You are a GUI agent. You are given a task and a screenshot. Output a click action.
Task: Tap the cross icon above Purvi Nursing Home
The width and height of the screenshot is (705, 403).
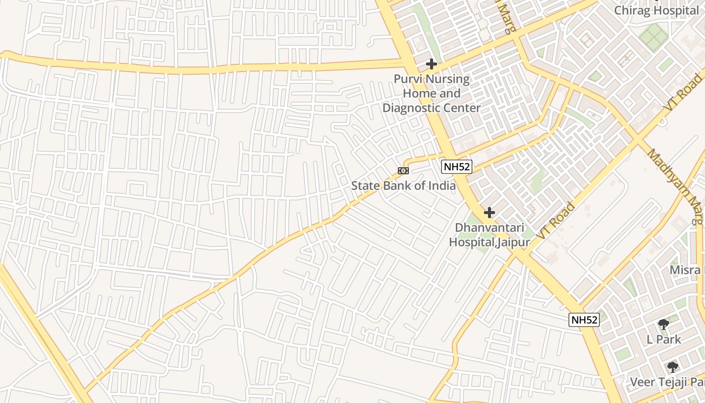[x=432, y=64]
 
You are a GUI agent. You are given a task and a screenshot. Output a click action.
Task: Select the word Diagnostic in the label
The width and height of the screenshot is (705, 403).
[x=408, y=108]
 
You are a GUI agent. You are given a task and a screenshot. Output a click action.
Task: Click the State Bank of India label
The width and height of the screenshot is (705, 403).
[x=403, y=185]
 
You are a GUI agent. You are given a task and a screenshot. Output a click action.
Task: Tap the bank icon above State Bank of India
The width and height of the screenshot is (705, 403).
[x=403, y=171]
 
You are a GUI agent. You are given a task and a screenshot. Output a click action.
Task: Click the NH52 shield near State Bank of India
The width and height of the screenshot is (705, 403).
[x=457, y=167]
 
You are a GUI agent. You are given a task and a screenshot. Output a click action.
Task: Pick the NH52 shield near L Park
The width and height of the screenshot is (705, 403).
[x=584, y=319]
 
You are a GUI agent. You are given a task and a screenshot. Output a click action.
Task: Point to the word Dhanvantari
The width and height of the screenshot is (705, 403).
[x=489, y=228]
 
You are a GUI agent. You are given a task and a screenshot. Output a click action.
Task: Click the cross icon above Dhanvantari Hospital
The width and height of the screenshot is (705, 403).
[x=489, y=213]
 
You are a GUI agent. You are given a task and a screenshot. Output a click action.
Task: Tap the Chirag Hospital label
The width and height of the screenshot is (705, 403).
[x=656, y=10]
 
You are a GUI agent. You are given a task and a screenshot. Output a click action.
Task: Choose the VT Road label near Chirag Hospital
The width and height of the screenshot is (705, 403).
[x=683, y=93]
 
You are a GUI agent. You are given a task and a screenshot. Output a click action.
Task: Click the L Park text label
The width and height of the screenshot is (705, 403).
[x=664, y=339]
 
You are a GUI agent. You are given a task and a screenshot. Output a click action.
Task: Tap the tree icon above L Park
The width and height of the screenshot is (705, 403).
[x=664, y=324]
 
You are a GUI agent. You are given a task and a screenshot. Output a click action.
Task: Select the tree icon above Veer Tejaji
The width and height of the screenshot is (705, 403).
[x=672, y=367]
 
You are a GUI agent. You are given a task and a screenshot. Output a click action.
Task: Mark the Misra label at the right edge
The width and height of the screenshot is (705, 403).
[x=685, y=270]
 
